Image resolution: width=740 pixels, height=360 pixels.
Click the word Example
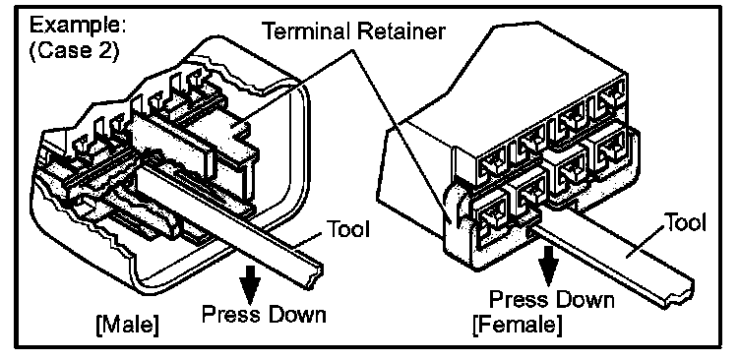[x=77, y=26]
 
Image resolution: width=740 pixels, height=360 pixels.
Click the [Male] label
[x=127, y=326]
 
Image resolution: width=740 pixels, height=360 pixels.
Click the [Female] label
[x=518, y=326]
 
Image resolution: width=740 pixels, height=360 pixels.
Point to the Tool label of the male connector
[x=347, y=230]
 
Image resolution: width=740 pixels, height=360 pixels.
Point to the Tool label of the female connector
[x=685, y=221]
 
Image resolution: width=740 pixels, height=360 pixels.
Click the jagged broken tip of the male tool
[x=315, y=277]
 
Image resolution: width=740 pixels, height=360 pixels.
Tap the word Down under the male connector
[x=293, y=314]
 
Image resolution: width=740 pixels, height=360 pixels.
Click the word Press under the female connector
[x=520, y=300]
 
